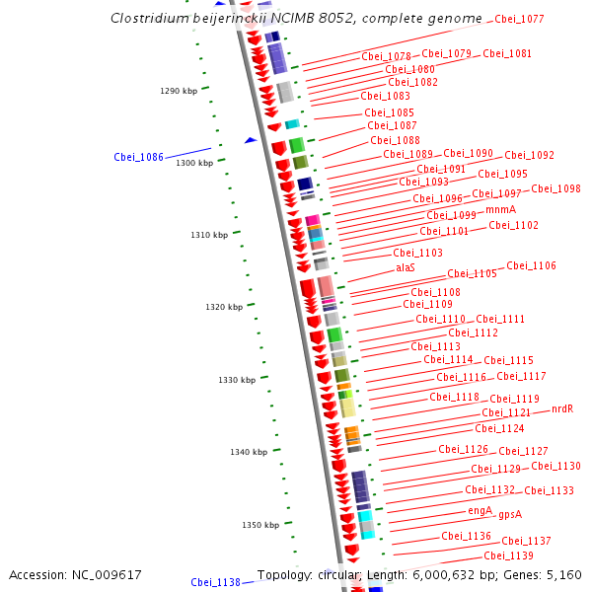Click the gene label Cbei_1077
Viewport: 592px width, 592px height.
click(x=519, y=19)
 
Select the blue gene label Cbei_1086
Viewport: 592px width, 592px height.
click(x=138, y=157)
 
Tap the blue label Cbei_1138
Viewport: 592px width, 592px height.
click(x=215, y=582)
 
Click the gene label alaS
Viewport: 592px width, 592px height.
click(x=406, y=267)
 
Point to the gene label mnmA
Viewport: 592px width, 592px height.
click(x=500, y=209)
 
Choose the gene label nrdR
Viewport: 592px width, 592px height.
click(x=562, y=408)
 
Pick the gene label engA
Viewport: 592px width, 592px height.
click(x=480, y=510)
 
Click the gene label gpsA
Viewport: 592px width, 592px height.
click(x=510, y=514)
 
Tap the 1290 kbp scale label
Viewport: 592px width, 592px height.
click(x=179, y=91)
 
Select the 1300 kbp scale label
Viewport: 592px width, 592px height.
click(x=194, y=163)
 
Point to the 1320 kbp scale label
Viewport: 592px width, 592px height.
click(x=224, y=307)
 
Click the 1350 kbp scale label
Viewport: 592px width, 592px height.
click(x=260, y=525)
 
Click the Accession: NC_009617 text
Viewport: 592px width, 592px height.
click(x=75, y=574)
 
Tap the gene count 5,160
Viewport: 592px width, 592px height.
click(x=563, y=574)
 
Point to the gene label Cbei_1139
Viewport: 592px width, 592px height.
click(x=508, y=555)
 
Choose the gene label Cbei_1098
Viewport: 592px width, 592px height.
click(x=556, y=188)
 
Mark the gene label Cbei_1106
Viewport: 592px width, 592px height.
click(x=531, y=265)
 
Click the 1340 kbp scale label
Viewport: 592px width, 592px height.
click(x=249, y=452)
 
